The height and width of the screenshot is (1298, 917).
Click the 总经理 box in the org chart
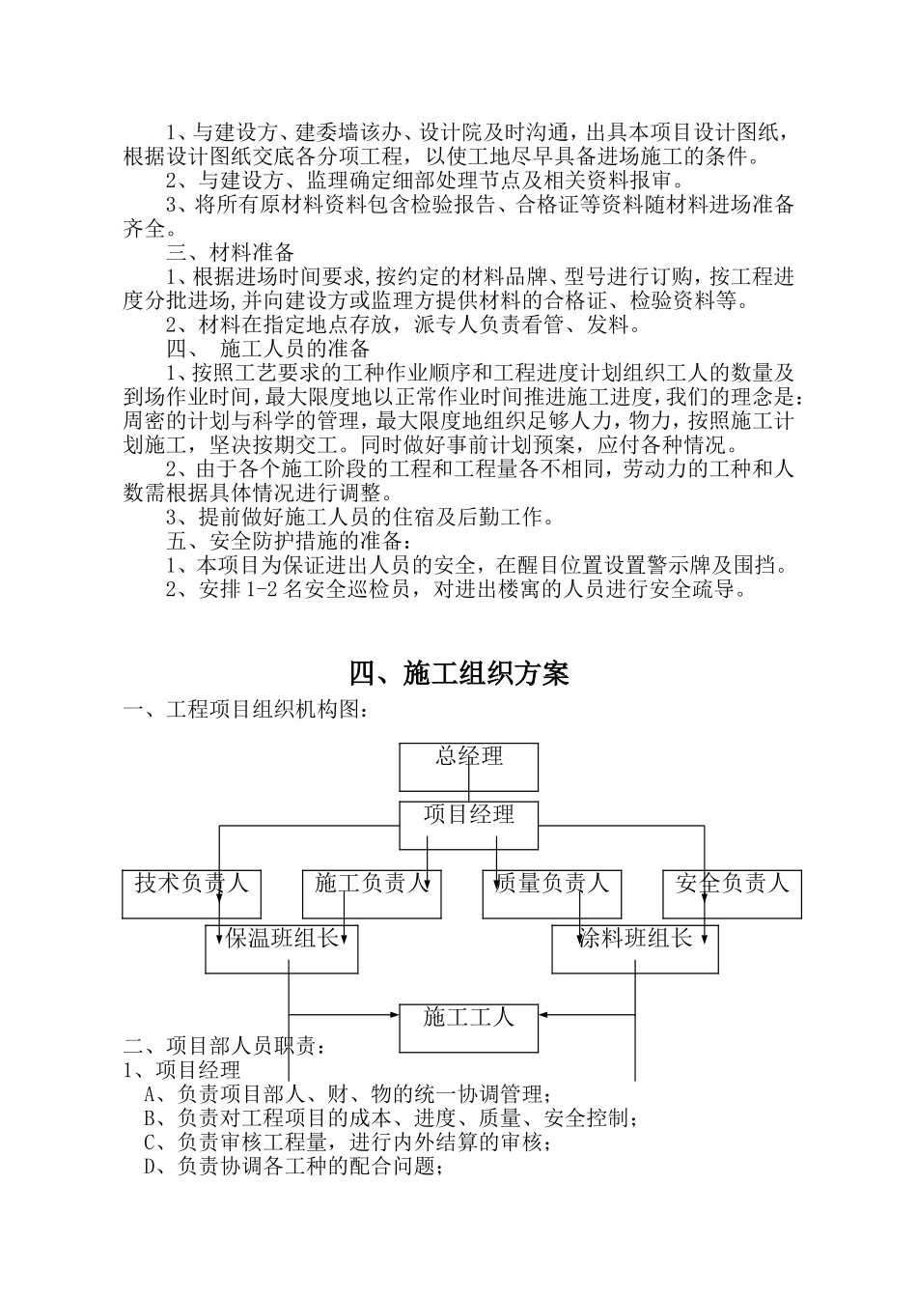[x=469, y=767]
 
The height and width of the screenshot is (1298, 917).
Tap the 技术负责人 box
[x=192, y=893]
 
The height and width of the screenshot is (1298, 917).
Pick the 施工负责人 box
[x=372, y=893]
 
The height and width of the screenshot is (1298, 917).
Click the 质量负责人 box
[x=552, y=893]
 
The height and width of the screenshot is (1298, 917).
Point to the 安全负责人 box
[x=732, y=893]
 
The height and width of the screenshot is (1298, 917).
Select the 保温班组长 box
[x=282, y=948]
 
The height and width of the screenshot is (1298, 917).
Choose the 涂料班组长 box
[x=635, y=948]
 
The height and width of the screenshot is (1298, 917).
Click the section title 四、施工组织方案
[x=458, y=673]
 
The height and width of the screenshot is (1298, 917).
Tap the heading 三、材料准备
[x=230, y=253]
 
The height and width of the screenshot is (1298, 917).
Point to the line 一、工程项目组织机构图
[x=245, y=710]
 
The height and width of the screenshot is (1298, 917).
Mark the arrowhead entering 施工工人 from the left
[x=394, y=1014]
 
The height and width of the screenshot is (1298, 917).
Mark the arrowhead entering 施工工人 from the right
[x=545, y=1014]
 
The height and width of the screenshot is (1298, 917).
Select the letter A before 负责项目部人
[x=151, y=1094]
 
